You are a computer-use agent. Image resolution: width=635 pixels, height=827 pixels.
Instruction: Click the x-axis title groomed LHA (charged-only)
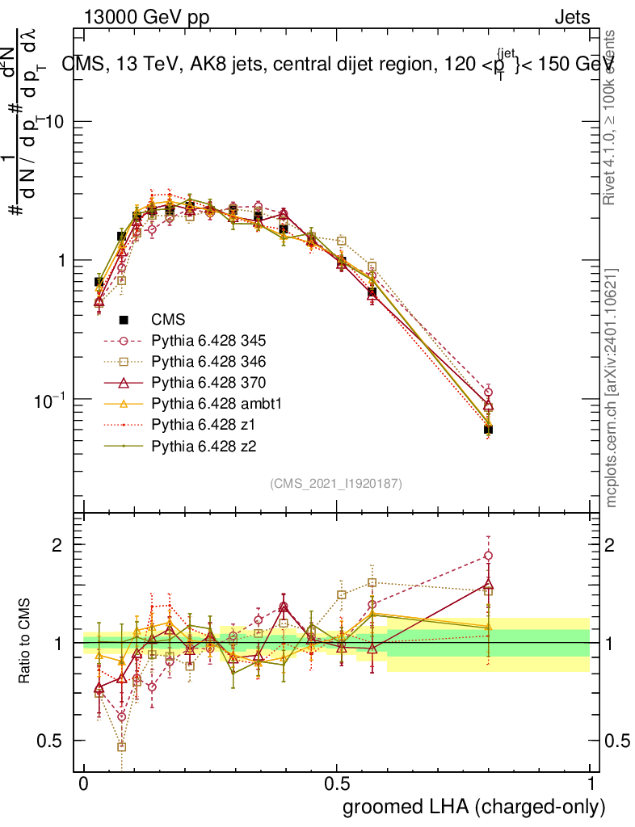(474, 807)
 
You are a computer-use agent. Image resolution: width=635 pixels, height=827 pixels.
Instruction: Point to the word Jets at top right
(571, 17)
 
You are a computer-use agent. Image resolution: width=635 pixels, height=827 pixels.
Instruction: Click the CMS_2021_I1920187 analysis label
(336, 483)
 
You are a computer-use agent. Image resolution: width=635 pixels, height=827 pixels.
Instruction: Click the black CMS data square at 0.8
(488, 429)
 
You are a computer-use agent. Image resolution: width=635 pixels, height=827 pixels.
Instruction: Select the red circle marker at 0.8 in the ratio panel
(488, 556)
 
